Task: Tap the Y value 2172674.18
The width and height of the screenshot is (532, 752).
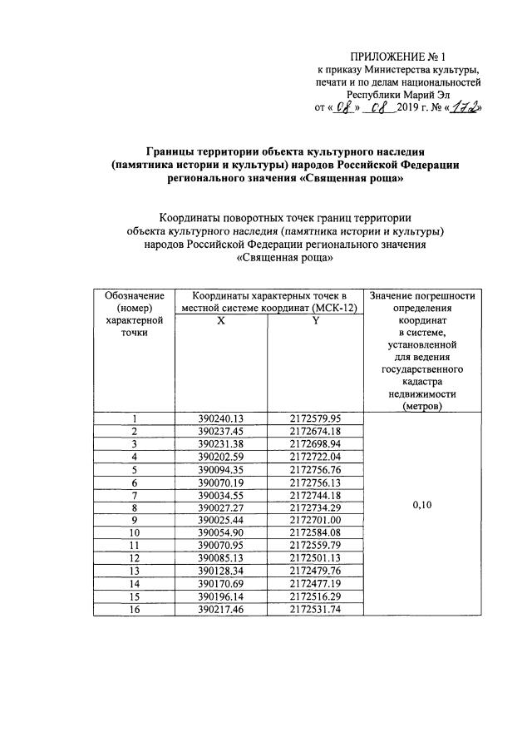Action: [x=315, y=431]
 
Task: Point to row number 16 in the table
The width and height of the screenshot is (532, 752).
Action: [x=133, y=609]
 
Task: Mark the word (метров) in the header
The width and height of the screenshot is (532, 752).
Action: [x=422, y=406]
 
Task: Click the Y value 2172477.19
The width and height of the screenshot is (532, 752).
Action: [x=315, y=583]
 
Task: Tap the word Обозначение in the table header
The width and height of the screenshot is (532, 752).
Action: [x=133, y=295]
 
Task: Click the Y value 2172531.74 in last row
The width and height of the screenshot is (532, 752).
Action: [x=315, y=609]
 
